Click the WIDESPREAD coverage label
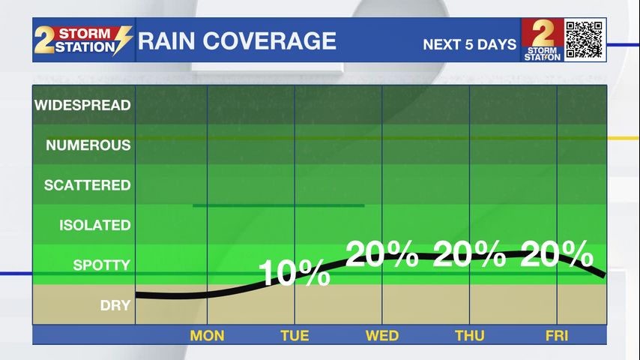82,106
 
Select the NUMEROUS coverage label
88,145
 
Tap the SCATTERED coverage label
87,185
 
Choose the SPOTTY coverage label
101,265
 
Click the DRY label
115,305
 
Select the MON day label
207,335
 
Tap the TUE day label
295,335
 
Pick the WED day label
382,335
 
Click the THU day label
470,335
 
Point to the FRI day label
558,335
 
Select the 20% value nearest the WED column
382,255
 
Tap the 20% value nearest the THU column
470,255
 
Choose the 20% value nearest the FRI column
557,255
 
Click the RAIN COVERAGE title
237,40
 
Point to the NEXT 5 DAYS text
469,44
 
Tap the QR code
585,40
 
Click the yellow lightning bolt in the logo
123,40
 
